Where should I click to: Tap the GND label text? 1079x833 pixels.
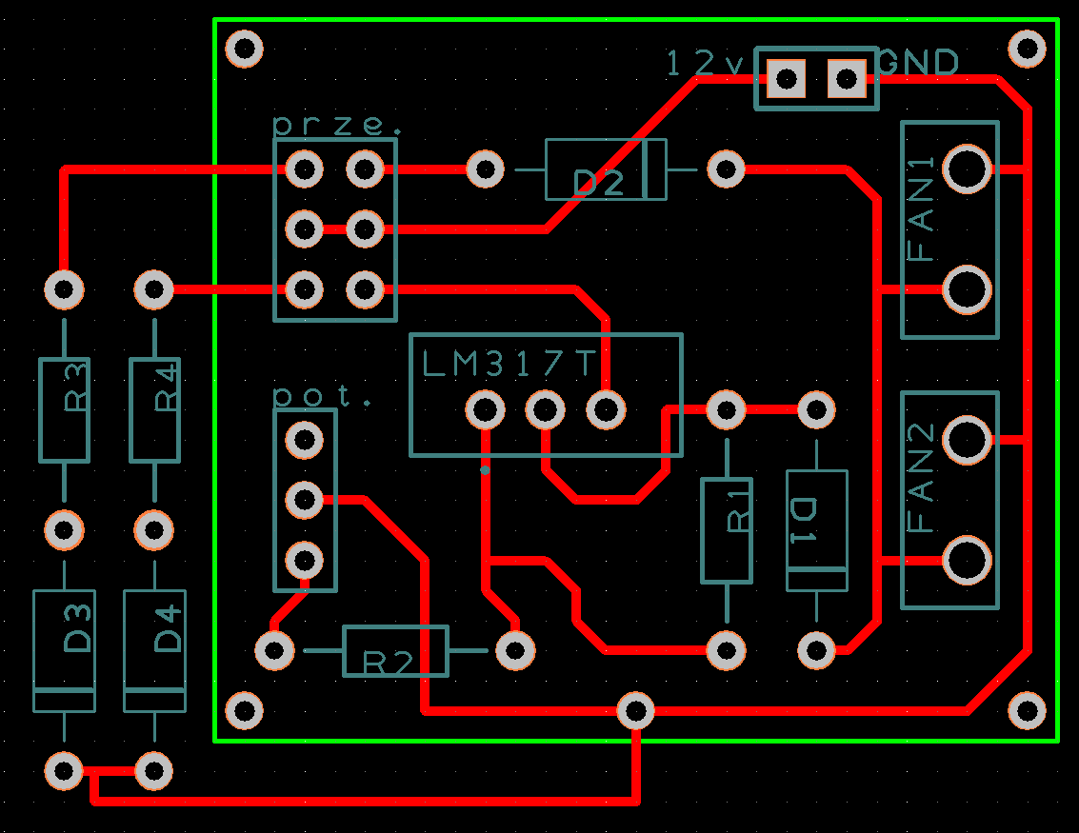(919, 63)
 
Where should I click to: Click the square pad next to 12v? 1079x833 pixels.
(786, 79)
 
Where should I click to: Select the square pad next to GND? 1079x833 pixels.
(847, 79)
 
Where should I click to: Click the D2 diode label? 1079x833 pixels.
(598, 184)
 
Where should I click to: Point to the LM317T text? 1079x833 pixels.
(509, 364)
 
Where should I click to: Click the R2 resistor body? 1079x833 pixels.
(395, 651)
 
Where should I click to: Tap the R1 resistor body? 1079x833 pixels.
(727, 530)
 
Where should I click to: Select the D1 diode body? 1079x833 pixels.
(817, 530)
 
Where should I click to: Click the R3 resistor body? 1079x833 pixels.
(65, 410)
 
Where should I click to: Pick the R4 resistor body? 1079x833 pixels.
(155, 410)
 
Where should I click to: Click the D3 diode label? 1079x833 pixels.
(77, 627)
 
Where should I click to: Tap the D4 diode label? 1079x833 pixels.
(168, 628)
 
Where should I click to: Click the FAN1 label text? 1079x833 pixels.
(921, 208)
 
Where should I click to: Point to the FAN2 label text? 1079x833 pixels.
(921, 477)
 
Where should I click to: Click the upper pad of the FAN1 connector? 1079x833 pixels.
(967, 169)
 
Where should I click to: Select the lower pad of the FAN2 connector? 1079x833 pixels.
(967, 561)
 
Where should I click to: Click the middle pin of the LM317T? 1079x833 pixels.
(546, 410)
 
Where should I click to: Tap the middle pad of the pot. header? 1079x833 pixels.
(304, 500)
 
